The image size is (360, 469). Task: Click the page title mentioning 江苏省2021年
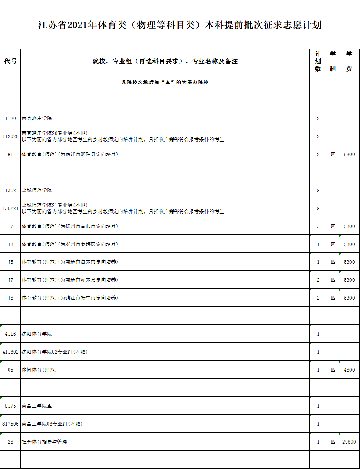click(x=180, y=25)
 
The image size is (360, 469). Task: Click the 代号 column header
click(x=11, y=61)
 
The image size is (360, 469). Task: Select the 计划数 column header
click(x=318, y=61)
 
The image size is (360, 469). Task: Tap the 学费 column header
click(x=349, y=61)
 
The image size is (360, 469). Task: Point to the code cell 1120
click(x=11, y=119)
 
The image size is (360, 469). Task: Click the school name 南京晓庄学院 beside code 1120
click(x=37, y=119)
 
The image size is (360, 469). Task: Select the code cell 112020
click(x=11, y=137)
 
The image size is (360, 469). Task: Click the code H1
click(x=11, y=155)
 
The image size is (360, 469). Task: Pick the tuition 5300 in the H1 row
click(x=349, y=155)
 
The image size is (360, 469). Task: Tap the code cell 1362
click(x=11, y=190)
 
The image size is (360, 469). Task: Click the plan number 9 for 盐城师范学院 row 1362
click(x=318, y=190)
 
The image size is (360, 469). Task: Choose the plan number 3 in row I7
click(x=318, y=226)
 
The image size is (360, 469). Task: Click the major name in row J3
click(x=70, y=244)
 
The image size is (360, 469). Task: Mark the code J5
click(x=11, y=262)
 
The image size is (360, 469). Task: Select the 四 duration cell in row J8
click(x=333, y=298)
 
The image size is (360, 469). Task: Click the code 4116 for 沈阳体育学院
click(x=11, y=334)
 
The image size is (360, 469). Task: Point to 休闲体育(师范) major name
click(x=39, y=370)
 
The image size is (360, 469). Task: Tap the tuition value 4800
click(x=349, y=370)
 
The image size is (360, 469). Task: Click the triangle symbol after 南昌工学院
click(x=50, y=406)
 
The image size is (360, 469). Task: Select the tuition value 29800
click(x=349, y=442)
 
